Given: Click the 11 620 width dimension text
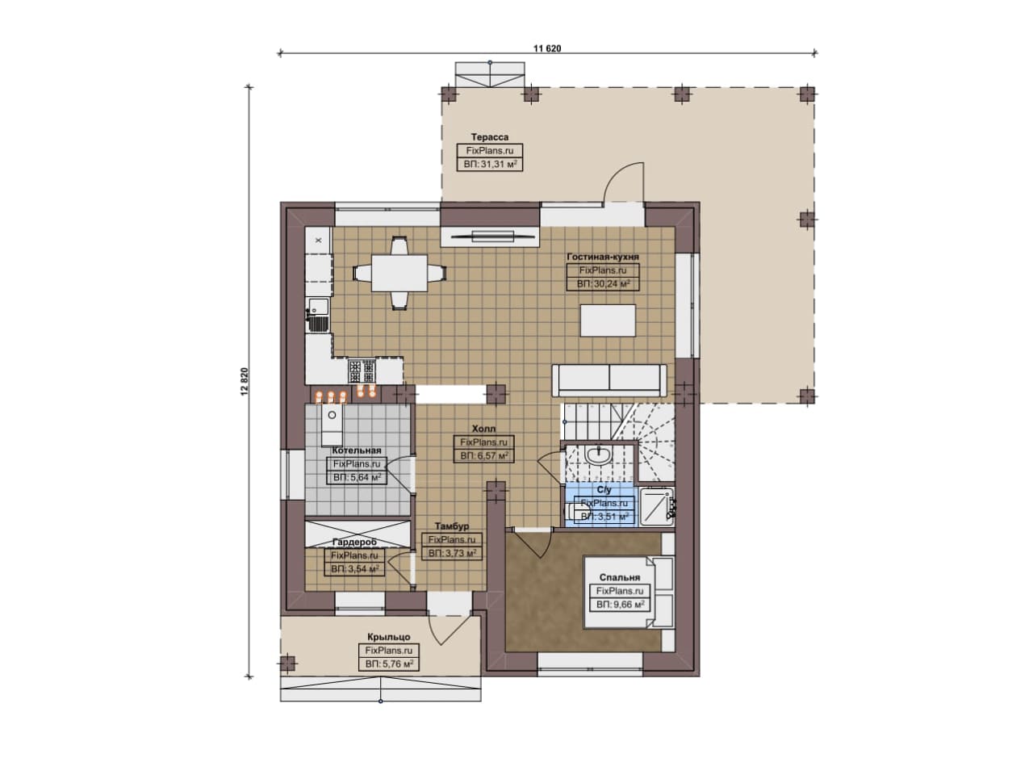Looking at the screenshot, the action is (x=547, y=48).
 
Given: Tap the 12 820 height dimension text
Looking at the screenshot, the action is (x=245, y=382).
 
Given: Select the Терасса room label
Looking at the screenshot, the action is (x=490, y=137).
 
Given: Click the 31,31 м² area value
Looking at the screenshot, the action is (x=490, y=164).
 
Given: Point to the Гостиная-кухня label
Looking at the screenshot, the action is (x=603, y=257).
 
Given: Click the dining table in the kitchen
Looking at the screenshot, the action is (x=399, y=273).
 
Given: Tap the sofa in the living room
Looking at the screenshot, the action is (x=609, y=380).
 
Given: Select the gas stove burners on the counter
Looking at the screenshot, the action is (x=362, y=371).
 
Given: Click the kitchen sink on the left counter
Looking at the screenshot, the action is (x=318, y=315).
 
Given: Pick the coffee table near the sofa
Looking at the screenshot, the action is (x=608, y=320).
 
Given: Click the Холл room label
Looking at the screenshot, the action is (x=483, y=429).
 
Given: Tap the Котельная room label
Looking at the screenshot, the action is (x=357, y=450).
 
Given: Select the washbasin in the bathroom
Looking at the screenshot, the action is (x=598, y=454).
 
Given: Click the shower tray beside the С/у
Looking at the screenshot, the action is (x=657, y=507).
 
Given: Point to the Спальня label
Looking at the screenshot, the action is (x=620, y=577).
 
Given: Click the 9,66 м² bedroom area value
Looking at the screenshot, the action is (x=621, y=605).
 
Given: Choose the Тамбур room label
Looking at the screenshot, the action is (x=452, y=526).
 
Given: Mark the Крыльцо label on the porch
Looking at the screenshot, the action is (x=389, y=637).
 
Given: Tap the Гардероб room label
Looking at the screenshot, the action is (x=354, y=542).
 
